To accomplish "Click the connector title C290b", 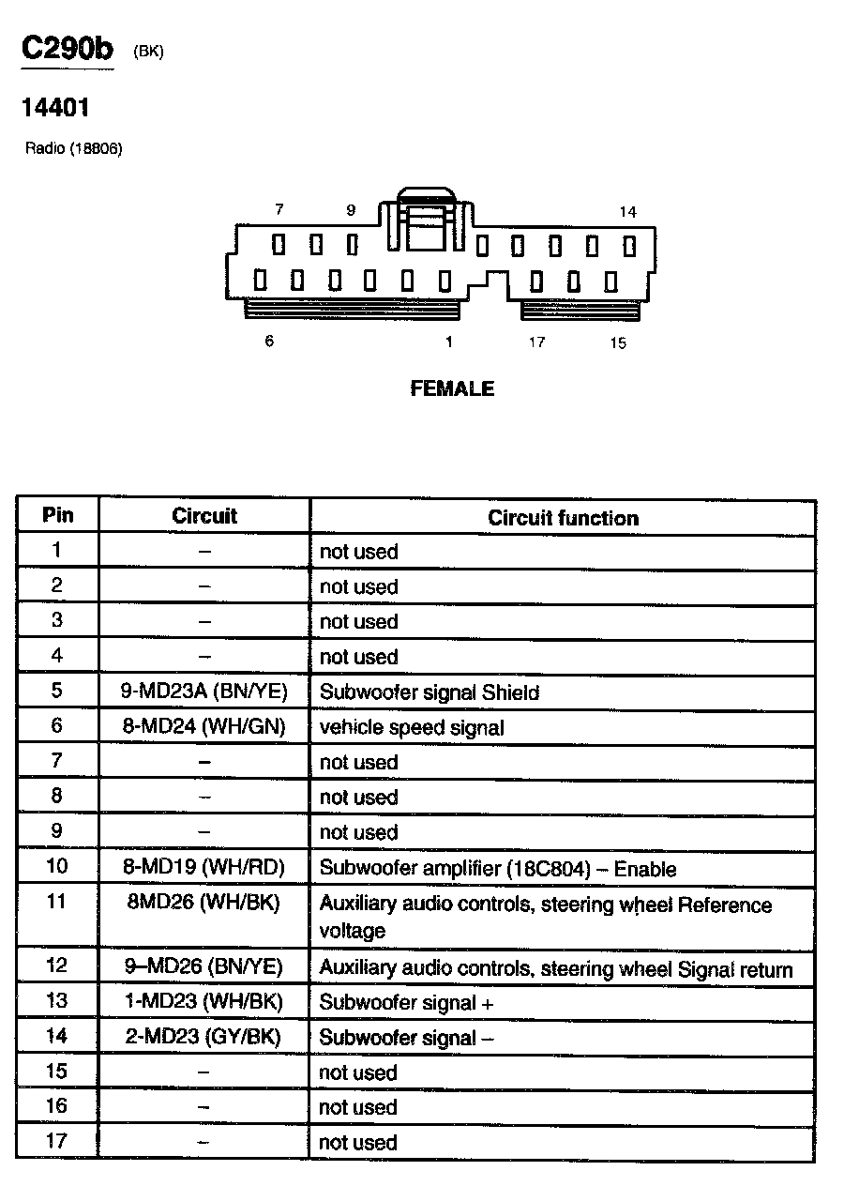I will [x=68, y=50].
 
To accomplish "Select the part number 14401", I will [x=56, y=108].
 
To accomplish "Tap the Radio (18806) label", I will [x=74, y=149].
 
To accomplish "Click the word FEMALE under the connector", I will [x=452, y=388].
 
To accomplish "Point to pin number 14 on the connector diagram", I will [x=627, y=212].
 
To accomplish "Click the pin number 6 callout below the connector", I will [x=269, y=342].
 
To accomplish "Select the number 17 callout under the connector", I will [x=536, y=342].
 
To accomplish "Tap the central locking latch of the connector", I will [x=427, y=221].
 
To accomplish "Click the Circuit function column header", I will [x=563, y=518].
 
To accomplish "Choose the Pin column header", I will [x=57, y=516].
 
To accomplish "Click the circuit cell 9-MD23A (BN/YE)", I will [x=204, y=692].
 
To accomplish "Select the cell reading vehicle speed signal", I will [x=412, y=727].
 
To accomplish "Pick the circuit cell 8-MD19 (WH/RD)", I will [x=203, y=868].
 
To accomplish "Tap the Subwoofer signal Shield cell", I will [x=430, y=692].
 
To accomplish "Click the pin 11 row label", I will [x=57, y=902].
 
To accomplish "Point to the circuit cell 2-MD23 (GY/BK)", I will [x=203, y=1037].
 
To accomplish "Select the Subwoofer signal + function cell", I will [x=406, y=1002].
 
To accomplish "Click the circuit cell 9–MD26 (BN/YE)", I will [x=203, y=967].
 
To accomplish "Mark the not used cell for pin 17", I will [x=358, y=1142].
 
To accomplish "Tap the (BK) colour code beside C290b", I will [x=148, y=53].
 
